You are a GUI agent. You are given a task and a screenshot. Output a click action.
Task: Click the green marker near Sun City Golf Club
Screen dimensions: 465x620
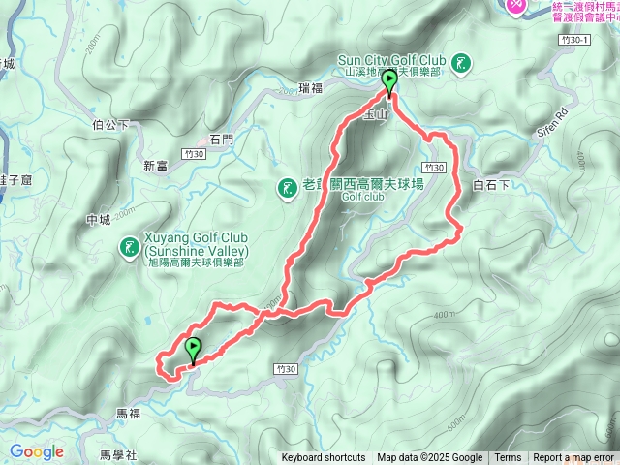[389, 82]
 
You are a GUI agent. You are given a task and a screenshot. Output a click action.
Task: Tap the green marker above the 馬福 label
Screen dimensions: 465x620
[193, 349]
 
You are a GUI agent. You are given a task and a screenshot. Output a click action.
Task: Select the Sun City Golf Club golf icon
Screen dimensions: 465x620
[462, 64]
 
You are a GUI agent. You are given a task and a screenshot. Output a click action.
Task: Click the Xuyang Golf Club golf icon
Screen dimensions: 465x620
[129, 248]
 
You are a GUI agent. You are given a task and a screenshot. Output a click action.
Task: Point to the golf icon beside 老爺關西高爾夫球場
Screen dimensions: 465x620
[287, 188]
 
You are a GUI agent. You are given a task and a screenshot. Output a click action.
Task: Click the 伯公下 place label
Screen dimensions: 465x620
[110, 125]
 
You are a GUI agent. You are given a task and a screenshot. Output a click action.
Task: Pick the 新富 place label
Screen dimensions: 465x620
[156, 166]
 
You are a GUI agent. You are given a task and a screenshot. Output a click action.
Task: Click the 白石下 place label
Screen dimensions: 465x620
[490, 185]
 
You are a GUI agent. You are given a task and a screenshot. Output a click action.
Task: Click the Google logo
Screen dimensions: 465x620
[37, 451]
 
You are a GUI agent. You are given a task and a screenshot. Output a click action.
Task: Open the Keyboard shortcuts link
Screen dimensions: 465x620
[324, 458]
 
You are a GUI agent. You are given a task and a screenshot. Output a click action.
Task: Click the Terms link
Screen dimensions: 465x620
[508, 458]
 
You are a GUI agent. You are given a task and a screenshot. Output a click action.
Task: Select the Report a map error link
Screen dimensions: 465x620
[573, 458]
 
